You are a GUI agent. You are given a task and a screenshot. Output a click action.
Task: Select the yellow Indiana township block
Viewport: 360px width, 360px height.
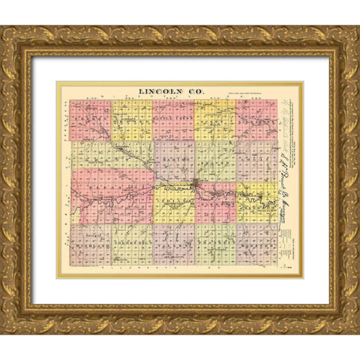point(174,203)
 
